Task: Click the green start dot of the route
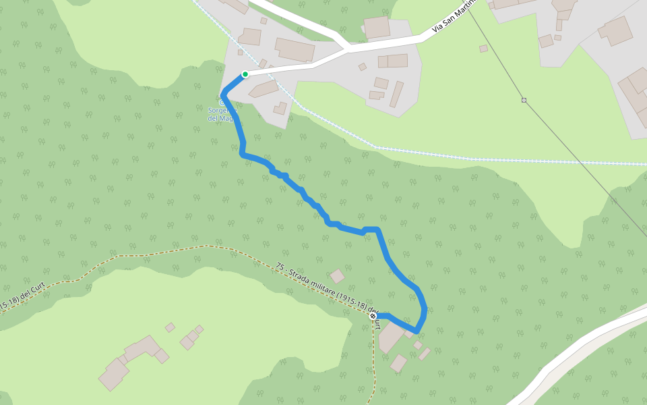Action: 245,74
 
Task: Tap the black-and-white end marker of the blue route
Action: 373,316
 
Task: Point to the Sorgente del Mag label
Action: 221,114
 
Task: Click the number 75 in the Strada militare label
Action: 280,267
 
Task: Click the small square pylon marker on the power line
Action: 524,100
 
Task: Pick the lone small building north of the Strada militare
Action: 337,276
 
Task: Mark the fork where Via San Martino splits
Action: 348,49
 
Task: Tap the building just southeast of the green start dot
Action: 264,89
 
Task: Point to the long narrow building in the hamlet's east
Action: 396,94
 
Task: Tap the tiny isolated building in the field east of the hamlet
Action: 483,49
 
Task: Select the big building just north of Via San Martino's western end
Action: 295,49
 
